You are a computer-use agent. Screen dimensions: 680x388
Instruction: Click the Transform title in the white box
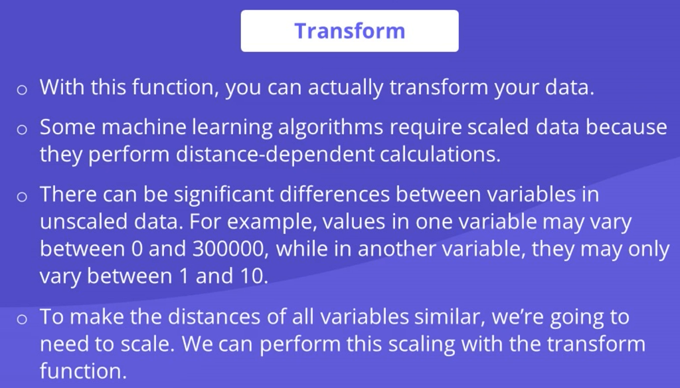click(349, 31)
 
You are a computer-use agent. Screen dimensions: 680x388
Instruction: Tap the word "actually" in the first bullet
click(345, 88)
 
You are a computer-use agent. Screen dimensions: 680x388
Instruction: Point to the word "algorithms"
click(331, 128)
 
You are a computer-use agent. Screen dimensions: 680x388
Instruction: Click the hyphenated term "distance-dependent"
click(275, 155)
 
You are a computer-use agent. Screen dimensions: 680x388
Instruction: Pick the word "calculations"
click(440, 155)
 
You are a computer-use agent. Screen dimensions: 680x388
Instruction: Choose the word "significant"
click(224, 194)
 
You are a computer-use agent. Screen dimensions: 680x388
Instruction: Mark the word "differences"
click(335, 194)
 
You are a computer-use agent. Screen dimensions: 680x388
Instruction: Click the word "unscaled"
click(83, 222)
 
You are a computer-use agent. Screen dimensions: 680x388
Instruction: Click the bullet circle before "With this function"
click(22, 90)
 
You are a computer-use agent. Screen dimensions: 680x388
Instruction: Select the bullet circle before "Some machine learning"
click(22, 130)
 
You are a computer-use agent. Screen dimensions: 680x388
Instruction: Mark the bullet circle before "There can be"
click(22, 196)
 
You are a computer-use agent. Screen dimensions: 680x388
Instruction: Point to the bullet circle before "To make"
click(22, 319)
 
